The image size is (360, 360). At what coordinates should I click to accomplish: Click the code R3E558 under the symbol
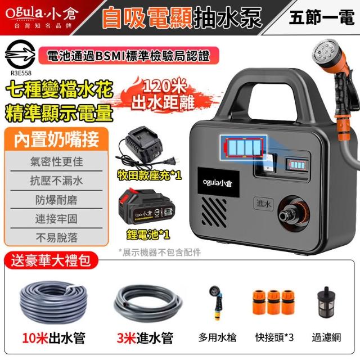(x=21, y=73)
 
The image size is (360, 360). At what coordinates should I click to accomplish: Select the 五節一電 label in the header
(x=322, y=17)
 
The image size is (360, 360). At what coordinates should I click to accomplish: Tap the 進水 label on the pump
(x=264, y=204)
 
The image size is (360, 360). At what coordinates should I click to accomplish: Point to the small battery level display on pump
(x=296, y=164)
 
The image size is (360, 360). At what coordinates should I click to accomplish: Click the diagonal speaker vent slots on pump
(x=214, y=211)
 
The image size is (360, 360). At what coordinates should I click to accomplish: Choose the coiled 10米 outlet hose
(x=54, y=303)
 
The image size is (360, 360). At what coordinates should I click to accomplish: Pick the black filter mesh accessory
(x=325, y=301)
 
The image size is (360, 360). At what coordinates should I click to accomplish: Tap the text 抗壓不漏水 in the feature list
(x=56, y=181)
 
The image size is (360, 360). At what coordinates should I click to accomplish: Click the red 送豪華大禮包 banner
(x=51, y=260)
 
